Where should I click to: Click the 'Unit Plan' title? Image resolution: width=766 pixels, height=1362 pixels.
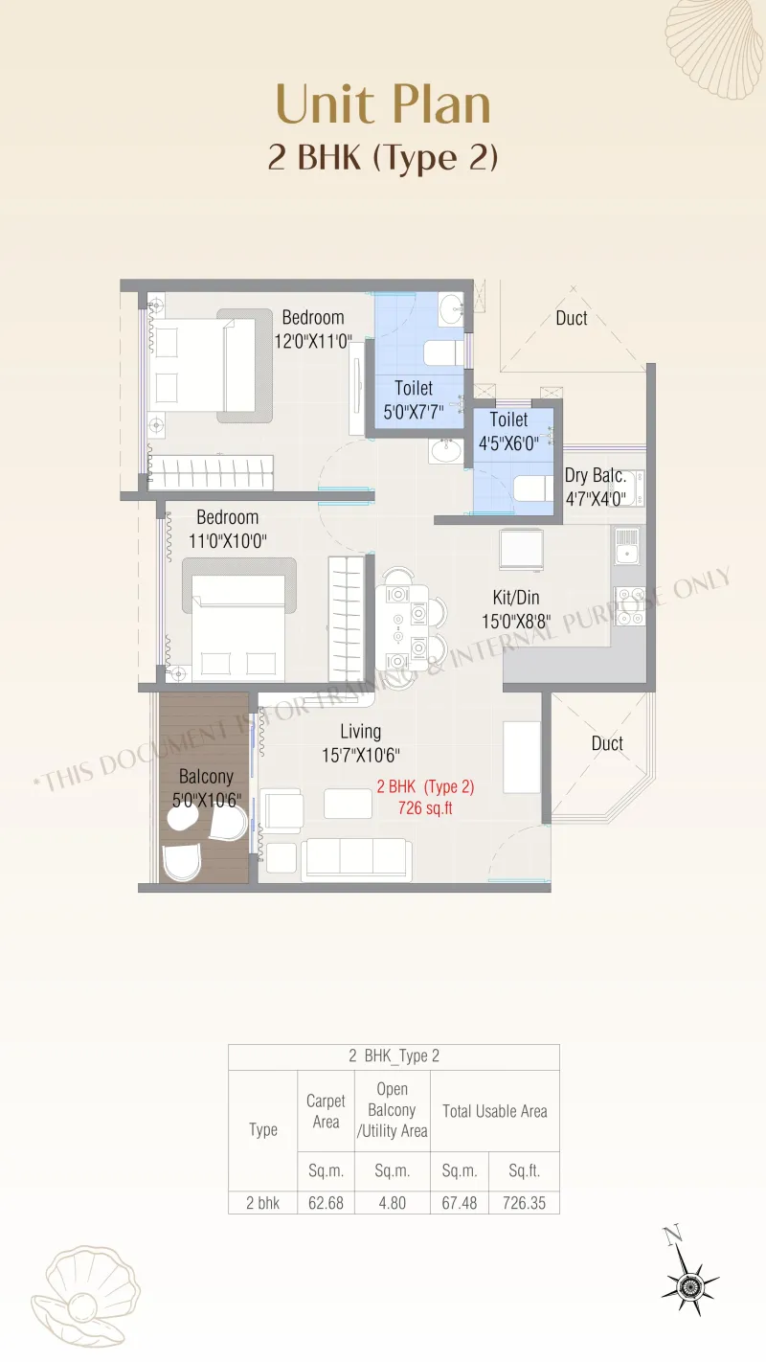click(383, 104)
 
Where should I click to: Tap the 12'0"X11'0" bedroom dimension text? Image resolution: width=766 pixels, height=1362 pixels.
click(312, 341)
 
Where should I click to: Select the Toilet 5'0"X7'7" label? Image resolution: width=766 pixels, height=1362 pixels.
click(414, 400)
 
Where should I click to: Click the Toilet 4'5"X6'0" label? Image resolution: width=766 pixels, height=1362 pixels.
click(508, 431)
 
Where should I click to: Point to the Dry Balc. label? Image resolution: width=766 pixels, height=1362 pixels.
click(596, 475)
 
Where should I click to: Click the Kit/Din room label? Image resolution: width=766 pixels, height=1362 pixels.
click(516, 597)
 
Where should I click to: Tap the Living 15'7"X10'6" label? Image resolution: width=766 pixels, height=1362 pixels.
click(361, 743)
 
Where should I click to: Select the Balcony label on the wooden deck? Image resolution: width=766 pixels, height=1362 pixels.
click(206, 777)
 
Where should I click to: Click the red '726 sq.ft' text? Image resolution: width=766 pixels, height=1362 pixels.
click(425, 808)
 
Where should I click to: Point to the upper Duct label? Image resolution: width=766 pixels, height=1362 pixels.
click(572, 318)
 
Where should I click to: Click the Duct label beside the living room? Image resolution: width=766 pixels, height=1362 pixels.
click(607, 743)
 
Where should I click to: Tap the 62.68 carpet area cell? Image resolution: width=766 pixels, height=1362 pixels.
click(326, 1203)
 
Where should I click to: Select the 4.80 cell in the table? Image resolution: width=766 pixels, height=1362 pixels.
click(393, 1203)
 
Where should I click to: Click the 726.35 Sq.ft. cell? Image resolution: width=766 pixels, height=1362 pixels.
click(524, 1203)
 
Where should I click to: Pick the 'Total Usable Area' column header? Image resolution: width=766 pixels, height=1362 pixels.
click(495, 1111)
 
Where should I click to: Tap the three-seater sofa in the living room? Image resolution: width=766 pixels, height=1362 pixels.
click(356, 859)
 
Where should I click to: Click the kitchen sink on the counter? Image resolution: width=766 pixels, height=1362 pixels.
click(626, 545)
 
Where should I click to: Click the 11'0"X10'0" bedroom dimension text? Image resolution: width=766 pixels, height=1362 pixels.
click(227, 541)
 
